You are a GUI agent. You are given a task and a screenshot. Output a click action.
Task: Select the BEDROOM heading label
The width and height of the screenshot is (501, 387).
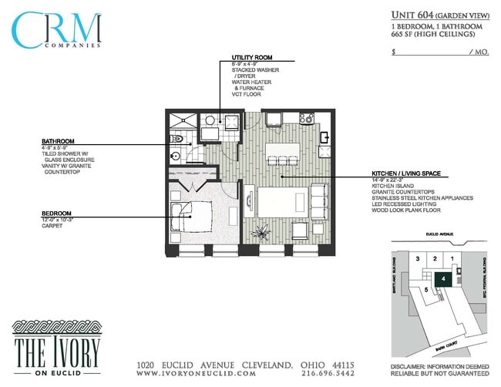57,214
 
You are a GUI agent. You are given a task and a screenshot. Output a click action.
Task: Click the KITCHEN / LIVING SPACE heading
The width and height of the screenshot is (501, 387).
405,173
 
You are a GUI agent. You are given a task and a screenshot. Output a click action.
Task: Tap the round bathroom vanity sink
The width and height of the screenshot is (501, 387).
176,155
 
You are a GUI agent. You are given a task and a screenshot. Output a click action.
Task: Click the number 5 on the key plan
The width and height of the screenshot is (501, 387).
426,289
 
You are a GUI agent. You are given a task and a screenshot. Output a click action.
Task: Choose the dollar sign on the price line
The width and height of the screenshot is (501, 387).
395,52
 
